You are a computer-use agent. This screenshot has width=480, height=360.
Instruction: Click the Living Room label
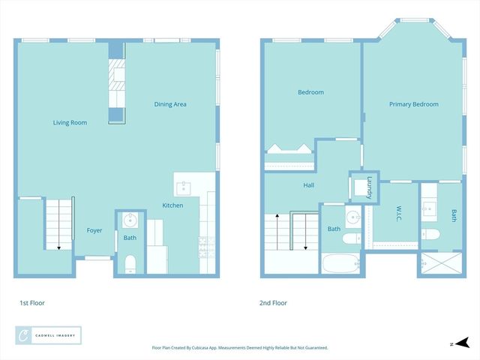pyautogui.click(x=70, y=122)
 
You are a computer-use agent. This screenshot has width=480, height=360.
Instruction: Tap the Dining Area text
pyautogui.click(x=170, y=104)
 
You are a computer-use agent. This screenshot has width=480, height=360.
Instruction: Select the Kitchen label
pyautogui.click(x=172, y=205)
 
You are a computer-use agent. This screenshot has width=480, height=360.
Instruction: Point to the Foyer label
pyautogui.click(x=94, y=230)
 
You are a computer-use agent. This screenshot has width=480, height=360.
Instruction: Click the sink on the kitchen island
pyautogui.click(x=184, y=187)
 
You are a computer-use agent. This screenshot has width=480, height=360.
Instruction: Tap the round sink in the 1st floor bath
pyautogui.click(x=130, y=220)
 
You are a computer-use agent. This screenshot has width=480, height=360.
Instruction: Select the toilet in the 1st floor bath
pyautogui.click(x=130, y=262)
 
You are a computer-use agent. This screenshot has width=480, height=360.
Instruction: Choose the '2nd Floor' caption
pyautogui.click(x=274, y=303)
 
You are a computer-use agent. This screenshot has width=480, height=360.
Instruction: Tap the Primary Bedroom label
pyautogui.click(x=413, y=104)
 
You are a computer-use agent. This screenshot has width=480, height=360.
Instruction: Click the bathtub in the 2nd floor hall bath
pyautogui.click(x=341, y=263)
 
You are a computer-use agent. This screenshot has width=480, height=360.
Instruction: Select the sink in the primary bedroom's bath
pyautogui.click(x=430, y=208)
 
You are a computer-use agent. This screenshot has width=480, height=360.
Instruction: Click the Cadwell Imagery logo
pyautogui.click(x=48, y=335)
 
